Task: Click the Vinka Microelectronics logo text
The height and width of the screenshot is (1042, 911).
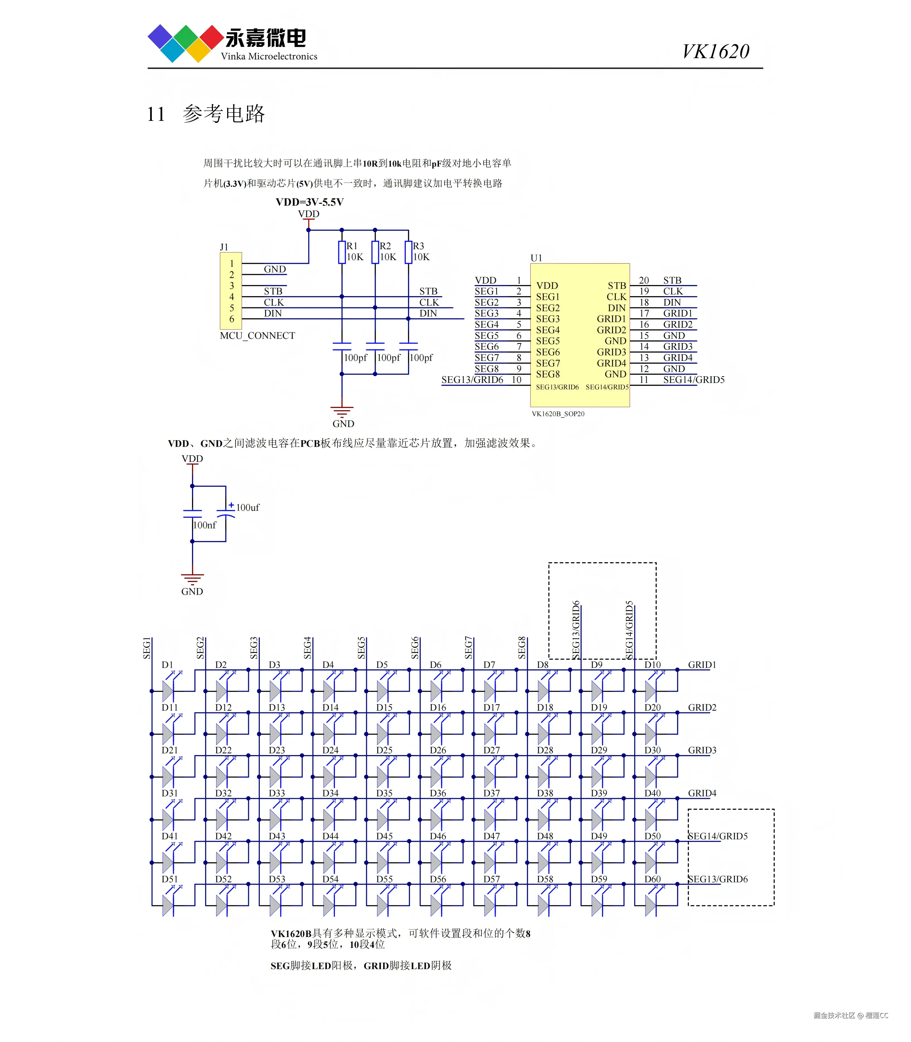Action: pyautogui.click(x=269, y=56)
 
